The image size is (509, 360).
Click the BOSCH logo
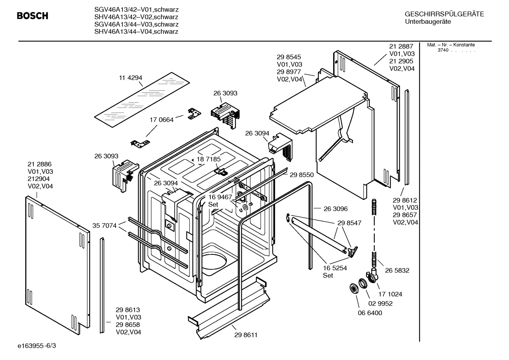pos(32,16)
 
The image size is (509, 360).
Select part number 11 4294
pos(130,78)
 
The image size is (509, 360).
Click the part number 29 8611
pos(246,335)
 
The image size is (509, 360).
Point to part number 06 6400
pos(370,313)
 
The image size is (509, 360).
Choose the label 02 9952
pos(380,303)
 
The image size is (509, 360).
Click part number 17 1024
pos(390,294)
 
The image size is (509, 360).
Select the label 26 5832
pos(397,270)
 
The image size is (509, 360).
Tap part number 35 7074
pos(104,225)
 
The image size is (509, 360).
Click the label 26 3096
pos(335,209)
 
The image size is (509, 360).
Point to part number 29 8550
pos(301,175)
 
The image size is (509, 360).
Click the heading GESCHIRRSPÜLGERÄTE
pos(444,14)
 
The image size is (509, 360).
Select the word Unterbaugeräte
pos(428,22)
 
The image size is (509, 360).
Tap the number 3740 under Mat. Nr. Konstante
pos(443,50)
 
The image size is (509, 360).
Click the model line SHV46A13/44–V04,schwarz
pos(136,31)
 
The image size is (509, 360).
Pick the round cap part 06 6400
pos(352,288)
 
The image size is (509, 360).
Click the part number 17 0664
pos(162,120)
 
